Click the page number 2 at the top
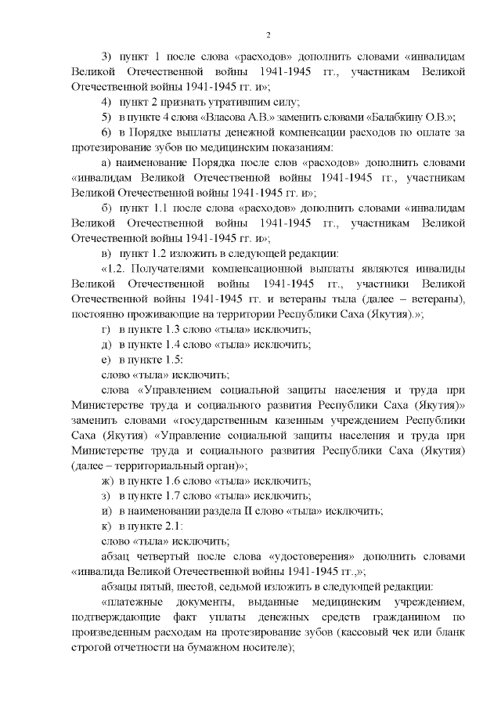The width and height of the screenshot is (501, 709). tap(268, 35)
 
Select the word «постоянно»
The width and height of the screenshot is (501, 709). tap(96, 313)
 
